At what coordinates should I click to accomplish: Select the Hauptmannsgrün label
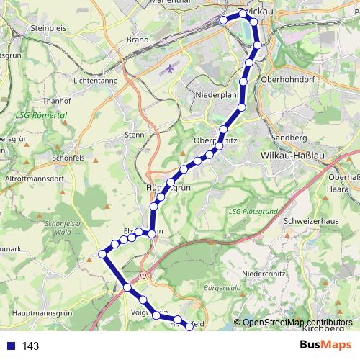[45, 313]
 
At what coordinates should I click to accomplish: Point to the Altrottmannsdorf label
[35, 176]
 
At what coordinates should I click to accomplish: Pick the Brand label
[138, 40]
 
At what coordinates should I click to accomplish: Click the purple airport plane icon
[170, 69]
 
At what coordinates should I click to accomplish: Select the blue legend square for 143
[10, 346]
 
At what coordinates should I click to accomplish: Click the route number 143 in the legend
[31, 346]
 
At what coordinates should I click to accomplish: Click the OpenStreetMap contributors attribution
[297, 323]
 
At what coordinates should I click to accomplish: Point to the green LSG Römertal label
[40, 115]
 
